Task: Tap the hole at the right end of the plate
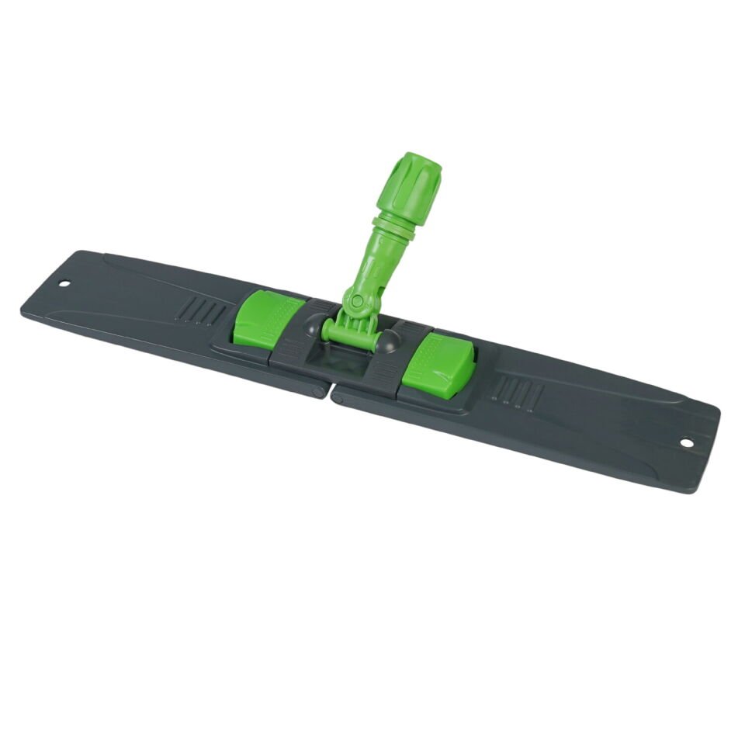pos(686,443)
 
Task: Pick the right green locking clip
pos(438,364)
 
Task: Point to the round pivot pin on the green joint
pos(356,301)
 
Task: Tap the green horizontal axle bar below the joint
pos(352,334)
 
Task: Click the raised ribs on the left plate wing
pos(200,311)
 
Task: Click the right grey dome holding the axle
pos(388,341)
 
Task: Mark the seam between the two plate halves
pos(327,392)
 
